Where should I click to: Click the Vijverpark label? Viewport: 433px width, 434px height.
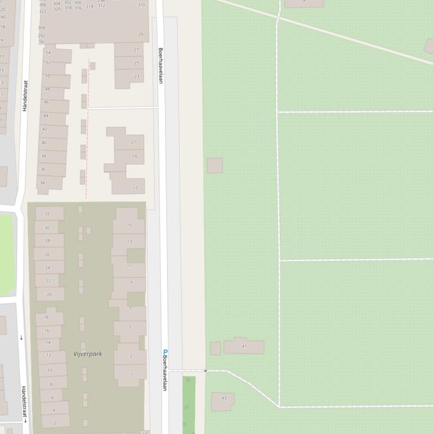88,354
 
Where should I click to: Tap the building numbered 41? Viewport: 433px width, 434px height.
244,346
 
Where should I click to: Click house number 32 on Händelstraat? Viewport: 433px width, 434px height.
47,214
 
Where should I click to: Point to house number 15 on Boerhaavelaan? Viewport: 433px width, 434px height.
129,225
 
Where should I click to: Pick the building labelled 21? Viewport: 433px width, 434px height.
133,142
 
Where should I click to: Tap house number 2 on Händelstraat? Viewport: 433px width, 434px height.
55,423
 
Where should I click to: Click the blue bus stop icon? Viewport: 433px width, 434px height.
166,352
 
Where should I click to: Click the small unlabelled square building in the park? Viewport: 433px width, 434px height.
215,166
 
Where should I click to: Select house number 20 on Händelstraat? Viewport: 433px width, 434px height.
49,294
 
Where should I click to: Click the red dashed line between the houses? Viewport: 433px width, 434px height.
87,130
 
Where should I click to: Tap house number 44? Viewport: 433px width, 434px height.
46,116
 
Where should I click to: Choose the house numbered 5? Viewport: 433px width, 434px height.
130,327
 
